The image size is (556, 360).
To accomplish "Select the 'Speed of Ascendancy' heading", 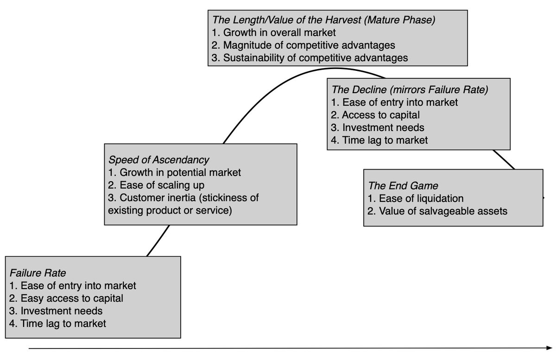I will tap(158, 160).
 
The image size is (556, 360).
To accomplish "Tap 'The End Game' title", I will tap(403, 186).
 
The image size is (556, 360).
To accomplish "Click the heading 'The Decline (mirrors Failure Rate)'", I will tap(410, 89).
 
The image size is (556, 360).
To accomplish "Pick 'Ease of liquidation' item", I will tap(416, 199).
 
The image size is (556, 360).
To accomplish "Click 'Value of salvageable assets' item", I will tap(438, 211).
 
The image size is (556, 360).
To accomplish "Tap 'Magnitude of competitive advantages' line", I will tap(304, 45).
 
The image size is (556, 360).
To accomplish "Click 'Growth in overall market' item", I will tap(275, 33).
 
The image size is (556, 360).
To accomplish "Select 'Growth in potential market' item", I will tap(174, 173).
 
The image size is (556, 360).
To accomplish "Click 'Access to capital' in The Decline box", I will tap(376, 115).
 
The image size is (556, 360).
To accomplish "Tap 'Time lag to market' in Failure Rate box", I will tap(57, 323).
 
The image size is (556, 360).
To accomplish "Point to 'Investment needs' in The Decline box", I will tap(378, 127).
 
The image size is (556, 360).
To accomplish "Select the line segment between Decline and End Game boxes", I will tap(504, 159).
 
